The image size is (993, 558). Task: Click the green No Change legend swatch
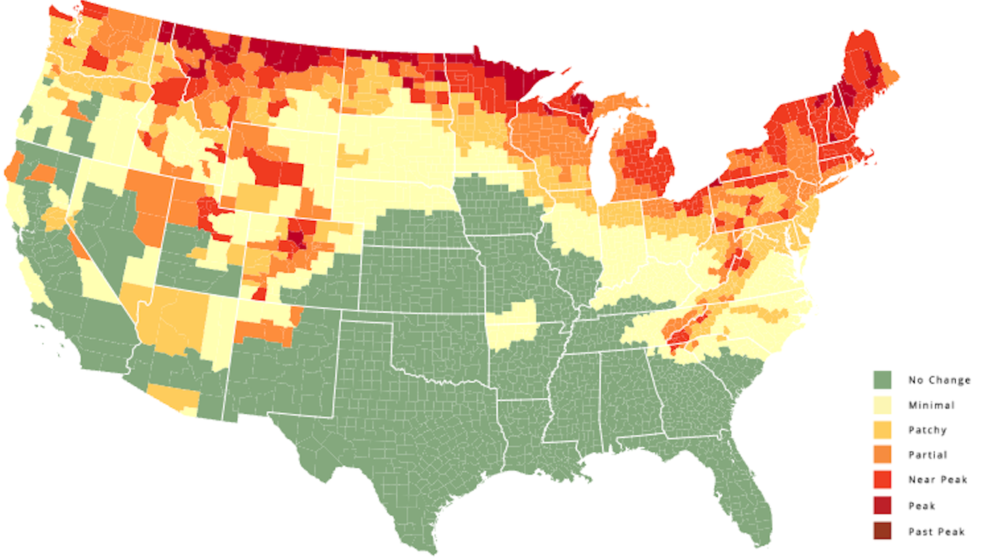pyautogui.click(x=883, y=379)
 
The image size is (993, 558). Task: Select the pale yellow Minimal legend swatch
pyautogui.click(x=883, y=405)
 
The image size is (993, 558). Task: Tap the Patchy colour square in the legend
pyautogui.click(x=883, y=430)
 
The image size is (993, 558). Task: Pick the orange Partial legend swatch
pyautogui.click(x=883, y=455)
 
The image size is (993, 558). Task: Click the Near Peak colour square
pyautogui.click(x=883, y=480)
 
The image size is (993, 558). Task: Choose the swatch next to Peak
pyautogui.click(x=883, y=506)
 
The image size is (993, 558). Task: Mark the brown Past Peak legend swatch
pyautogui.click(x=883, y=531)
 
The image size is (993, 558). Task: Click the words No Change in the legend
pyautogui.click(x=939, y=380)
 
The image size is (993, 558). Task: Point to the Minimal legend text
pyautogui.click(x=931, y=405)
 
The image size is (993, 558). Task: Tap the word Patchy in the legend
pyautogui.click(x=928, y=430)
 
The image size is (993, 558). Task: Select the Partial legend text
pyautogui.click(x=928, y=455)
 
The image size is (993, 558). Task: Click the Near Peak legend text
pyautogui.click(x=937, y=480)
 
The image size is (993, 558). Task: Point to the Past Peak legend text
pyautogui.click(x=936, y=532)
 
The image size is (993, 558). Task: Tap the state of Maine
pyautogui.click(x=869, y=80)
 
